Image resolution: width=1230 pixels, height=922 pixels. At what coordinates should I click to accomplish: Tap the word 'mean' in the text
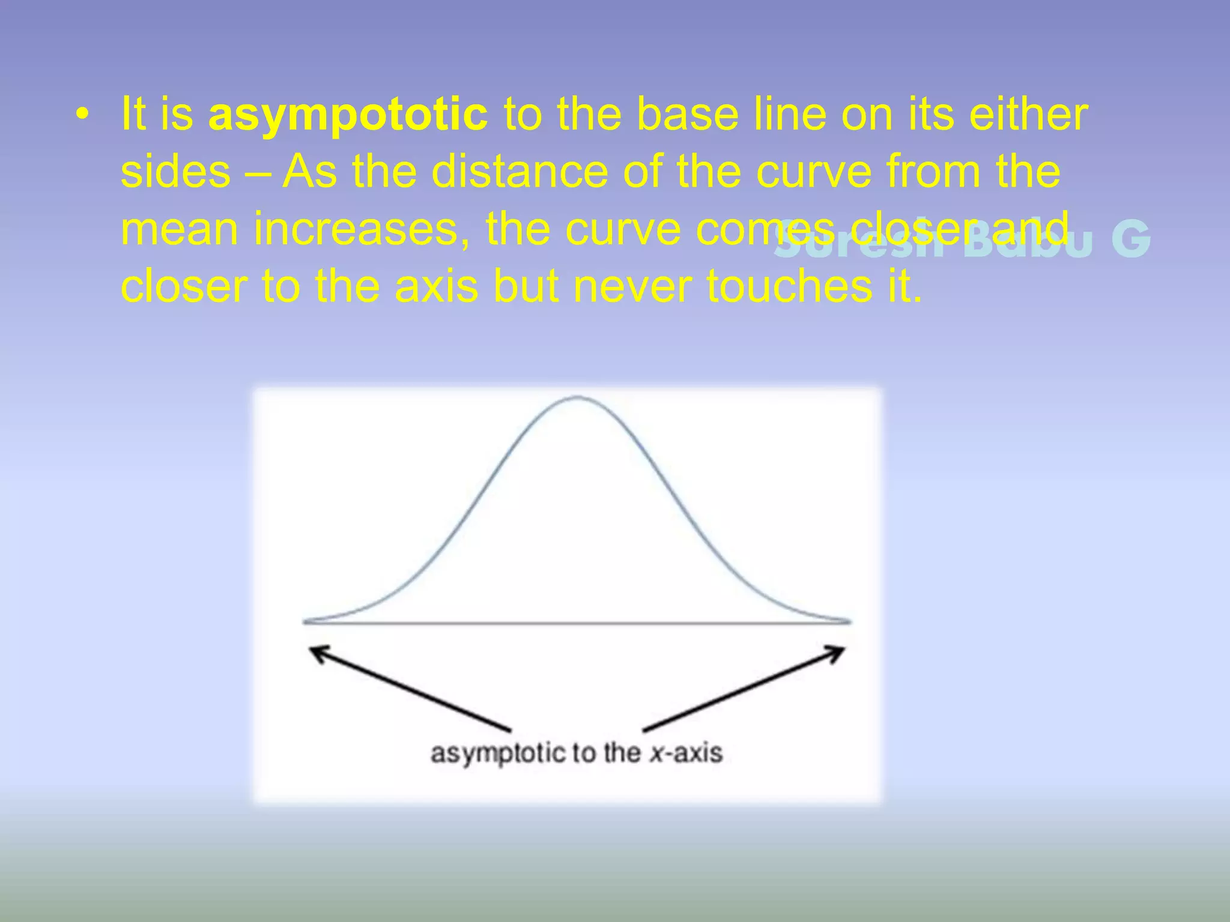(179, 230)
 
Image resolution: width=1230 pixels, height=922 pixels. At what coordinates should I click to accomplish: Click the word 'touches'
(789, 287)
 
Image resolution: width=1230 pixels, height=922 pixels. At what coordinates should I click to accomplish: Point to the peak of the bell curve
(576, 397)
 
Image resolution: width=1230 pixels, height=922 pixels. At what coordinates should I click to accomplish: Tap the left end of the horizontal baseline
(305, 622)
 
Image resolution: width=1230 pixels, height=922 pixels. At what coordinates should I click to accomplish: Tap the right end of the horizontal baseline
(849, 622)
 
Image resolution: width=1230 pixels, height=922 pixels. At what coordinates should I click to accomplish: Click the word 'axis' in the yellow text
(444, 287)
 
